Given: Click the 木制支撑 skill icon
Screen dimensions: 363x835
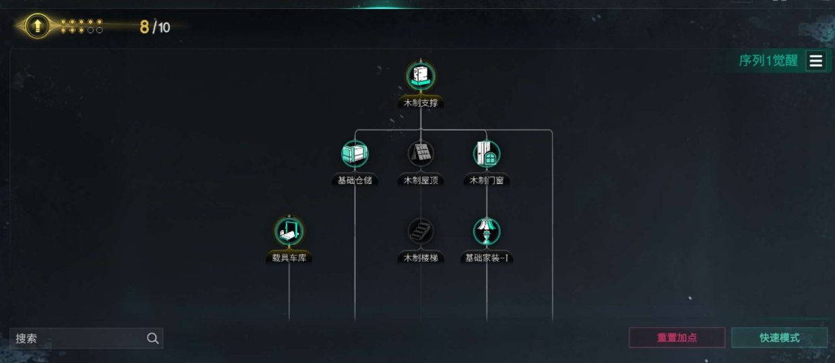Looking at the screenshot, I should pyautogui.click(x=421, y=75).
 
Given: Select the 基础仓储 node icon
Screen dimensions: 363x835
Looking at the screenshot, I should pyautogui.click(x=354, y=154).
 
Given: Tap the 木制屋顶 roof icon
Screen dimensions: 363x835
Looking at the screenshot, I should pyautogui.click(x=421, y=154).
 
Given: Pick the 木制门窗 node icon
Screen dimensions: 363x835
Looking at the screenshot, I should pyautogui.click(x=486, y=154).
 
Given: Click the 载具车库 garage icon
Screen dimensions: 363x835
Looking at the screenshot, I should pyautogui.click(x=289, y=231).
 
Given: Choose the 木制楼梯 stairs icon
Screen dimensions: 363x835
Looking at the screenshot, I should pyautogui.click(x=421, y=231).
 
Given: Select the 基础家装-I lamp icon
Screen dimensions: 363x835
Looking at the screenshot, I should pyautogui.click(x=486, y=231).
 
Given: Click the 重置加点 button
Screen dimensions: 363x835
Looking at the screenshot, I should pyautogui.click(x=677, y=338).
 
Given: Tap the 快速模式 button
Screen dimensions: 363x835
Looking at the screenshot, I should pyautogui.click(x=779, y=338).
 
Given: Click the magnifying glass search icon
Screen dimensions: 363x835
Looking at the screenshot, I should pyautogui.click(x=153, y=339).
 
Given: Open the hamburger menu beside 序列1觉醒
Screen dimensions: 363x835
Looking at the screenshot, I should pyautogui.click(x=816, y=61).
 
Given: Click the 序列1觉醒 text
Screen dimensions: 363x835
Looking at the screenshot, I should pyautogui.click(x=768, y=61).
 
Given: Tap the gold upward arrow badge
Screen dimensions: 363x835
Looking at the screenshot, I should pyautogui.click(x=37, y=26).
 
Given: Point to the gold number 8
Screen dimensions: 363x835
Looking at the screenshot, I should pyautogui.click(x=144, y=27).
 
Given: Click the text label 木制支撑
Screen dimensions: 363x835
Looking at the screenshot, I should pyautogui.click(x=421, y=103).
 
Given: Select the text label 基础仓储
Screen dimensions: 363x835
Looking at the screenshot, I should pyautogui.click(x=354, y=180).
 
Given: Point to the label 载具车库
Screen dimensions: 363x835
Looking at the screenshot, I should pyautogui.click(x=289, y=258).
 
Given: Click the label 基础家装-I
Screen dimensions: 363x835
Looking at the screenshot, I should pyautogui.click(x=486, y=258).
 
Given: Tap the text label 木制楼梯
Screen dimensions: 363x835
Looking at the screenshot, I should pyautogui.click(x=421, y=258).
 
